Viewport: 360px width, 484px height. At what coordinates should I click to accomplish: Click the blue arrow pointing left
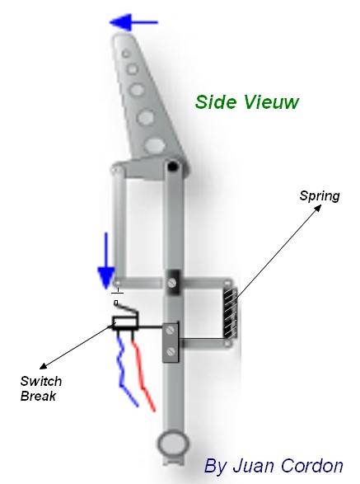coord(133,22)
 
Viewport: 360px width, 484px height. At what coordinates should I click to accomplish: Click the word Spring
coord(320,196)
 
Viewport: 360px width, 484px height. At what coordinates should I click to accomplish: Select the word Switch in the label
coord(41,381)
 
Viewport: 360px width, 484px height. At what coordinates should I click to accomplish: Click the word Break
coord(38,396)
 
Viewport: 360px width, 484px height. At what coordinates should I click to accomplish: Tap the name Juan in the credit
coord(255,466)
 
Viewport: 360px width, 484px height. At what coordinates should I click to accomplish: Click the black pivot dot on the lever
coord(173,167)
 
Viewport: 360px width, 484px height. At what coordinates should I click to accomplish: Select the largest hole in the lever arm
coord(155,145)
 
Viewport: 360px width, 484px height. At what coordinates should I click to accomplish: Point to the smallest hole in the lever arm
coord(125,54)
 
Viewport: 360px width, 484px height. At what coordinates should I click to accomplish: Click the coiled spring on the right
coord(231,312)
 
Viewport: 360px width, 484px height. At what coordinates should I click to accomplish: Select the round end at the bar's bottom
coord(172,444)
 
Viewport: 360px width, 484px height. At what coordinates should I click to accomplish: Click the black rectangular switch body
coord(125,323)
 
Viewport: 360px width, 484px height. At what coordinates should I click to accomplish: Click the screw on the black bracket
coord(172,282)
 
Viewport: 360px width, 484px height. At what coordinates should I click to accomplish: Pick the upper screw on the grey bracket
coord(170,331)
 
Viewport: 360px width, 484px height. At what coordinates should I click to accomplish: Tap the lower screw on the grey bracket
coord(171,351)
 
